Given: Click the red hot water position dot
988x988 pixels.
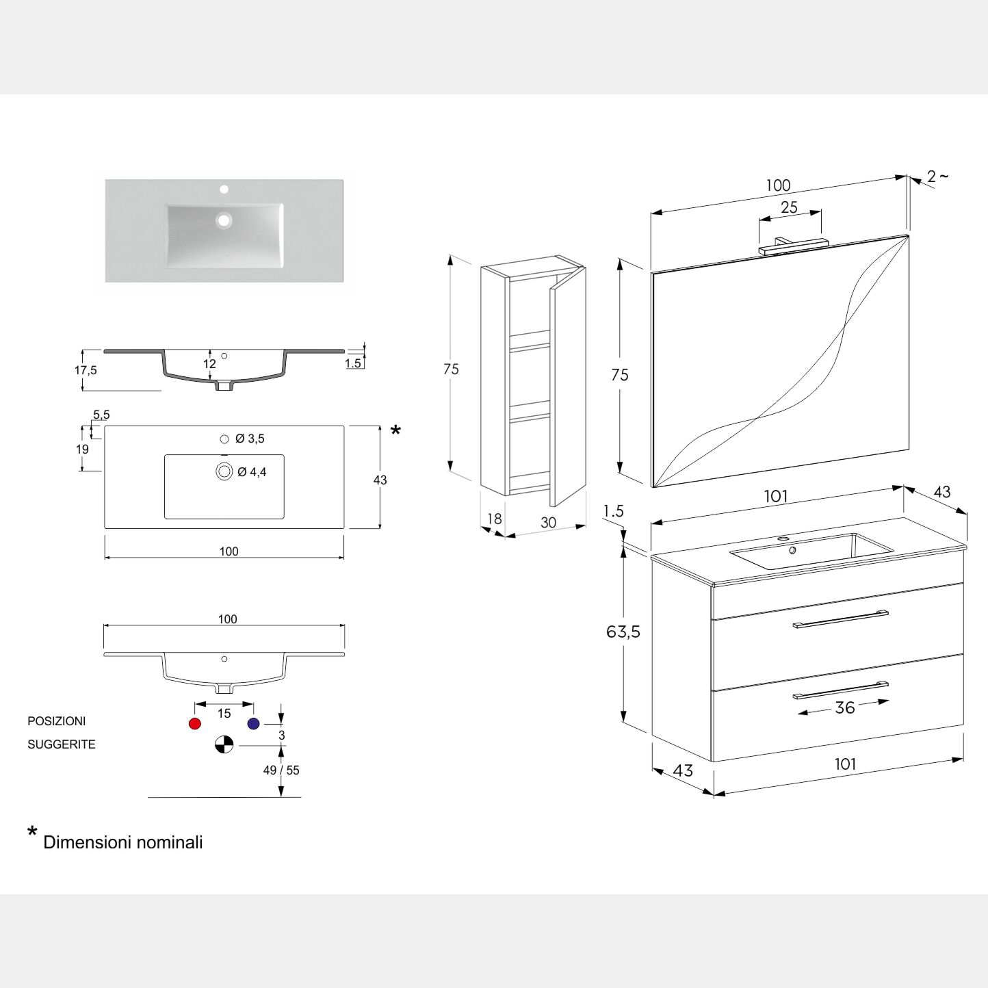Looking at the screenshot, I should [195, 724].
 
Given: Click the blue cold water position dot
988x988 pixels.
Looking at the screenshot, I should [254, 724].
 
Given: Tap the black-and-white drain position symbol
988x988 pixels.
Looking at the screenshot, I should [224, 744].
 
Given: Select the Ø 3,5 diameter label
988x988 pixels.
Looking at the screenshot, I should [250, 439].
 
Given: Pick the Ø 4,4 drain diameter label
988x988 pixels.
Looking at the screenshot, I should [252, 472].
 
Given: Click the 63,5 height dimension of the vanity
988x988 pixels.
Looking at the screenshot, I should [623, 632].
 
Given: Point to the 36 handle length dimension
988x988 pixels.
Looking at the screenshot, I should [845, 707].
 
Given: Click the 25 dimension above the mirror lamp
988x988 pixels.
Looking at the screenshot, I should [789, 207].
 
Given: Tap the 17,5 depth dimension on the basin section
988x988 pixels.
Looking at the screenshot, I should [86, 370].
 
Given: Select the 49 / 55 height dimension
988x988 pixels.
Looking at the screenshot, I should [281, 770].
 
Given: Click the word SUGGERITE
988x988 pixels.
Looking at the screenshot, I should [62, 744].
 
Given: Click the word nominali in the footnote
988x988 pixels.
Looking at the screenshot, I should [171, 842].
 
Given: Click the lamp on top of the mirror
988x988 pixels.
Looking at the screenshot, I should [793, 246].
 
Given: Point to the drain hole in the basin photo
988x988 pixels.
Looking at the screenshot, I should [224, 220].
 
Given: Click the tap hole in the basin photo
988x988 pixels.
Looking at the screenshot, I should [224, 189].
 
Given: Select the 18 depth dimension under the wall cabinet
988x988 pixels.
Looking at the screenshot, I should [494, 519].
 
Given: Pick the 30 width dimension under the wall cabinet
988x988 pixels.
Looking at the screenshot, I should [548, 523].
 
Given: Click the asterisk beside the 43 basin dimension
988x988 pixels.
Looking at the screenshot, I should [395, 430].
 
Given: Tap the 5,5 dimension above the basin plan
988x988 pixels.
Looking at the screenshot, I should [101, 415].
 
